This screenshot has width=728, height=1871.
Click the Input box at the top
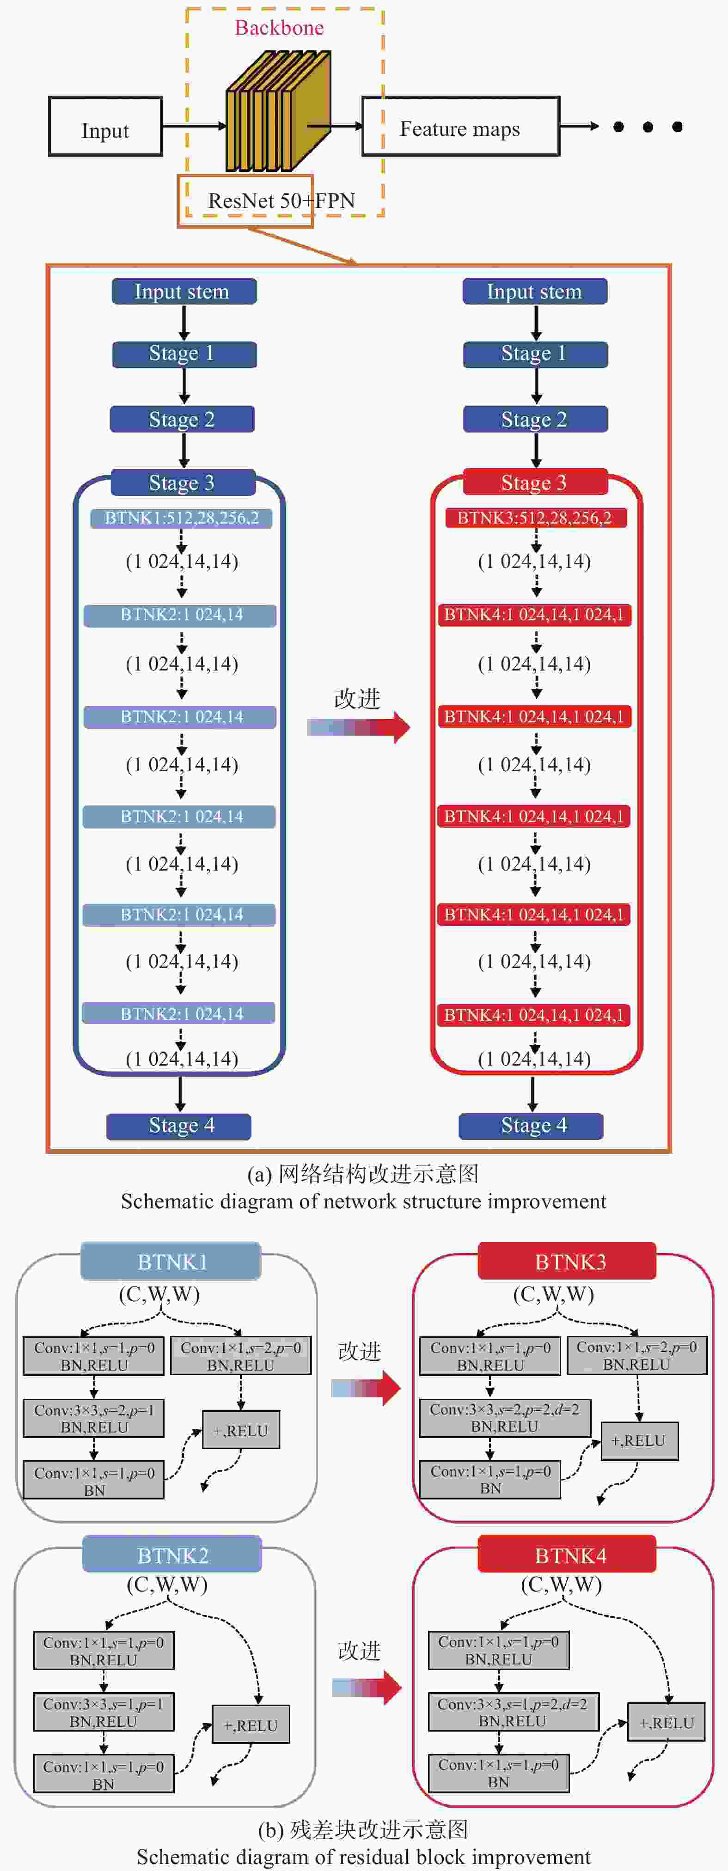(x=105, y=126)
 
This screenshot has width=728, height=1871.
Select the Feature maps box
(x=461, y=126)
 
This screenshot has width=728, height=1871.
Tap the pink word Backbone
(x=279, y=28)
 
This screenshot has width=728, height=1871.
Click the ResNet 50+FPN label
(x=281, y=201)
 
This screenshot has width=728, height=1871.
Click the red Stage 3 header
(x=534, y=482)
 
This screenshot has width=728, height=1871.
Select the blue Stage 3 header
(x=183, y=482)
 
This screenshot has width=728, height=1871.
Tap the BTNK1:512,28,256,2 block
(x=182, y=518)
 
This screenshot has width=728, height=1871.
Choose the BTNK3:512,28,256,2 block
(x=535, y=518)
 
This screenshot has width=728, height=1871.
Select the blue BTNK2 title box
(x=172, y=1555)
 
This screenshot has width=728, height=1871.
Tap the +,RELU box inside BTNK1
(x=240, y=1430)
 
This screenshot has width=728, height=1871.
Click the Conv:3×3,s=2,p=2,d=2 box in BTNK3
(x=505, y=1418)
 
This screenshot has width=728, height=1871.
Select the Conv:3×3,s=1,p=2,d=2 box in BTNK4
(x=513, y=1713)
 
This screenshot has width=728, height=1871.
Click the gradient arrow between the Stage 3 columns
(x=358, y=726)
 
